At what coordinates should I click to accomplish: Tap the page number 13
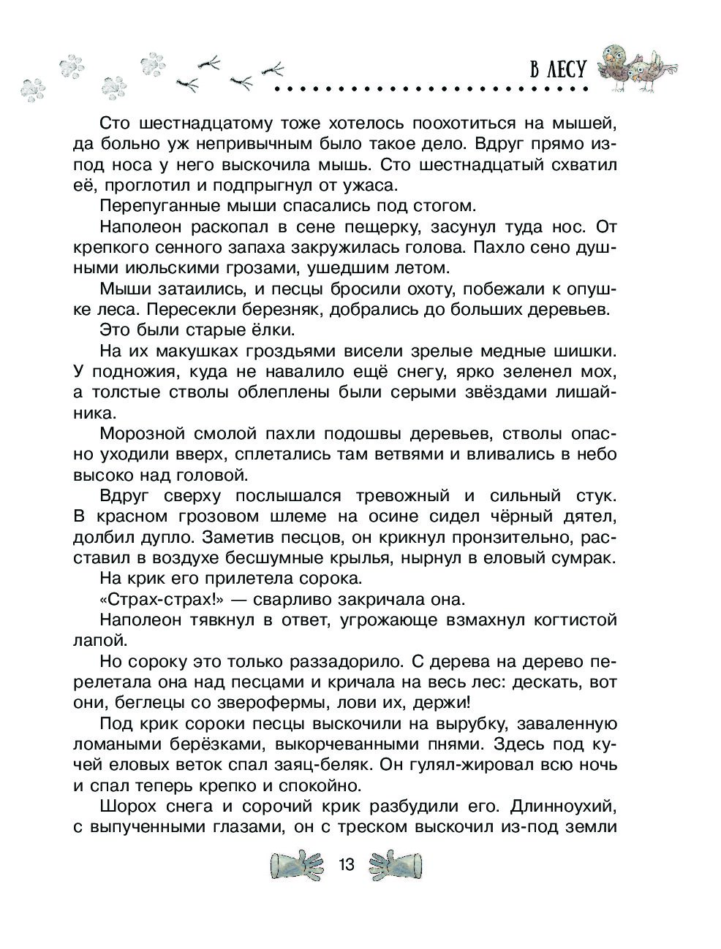(346, 865)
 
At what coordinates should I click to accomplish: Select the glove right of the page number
(396, 864)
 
